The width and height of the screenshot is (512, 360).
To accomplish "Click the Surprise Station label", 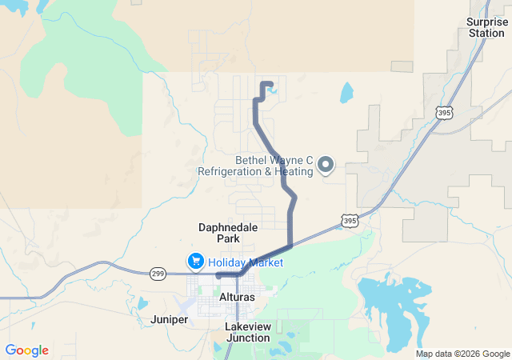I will [487, 27].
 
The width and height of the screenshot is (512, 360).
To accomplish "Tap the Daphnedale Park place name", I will [228, 233].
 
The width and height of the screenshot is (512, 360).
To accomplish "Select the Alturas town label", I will [237, 297].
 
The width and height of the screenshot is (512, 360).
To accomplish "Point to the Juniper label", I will [169, 319].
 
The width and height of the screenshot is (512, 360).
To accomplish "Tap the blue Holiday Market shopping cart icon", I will [195, 262].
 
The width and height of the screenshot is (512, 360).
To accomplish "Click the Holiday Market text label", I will [246, 262].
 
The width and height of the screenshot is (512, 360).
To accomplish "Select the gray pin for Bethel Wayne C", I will [326, 165].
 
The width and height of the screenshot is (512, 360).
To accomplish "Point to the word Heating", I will [293, 171].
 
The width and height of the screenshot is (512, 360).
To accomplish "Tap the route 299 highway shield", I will [158, 273].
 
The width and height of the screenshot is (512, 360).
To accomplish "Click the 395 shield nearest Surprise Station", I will [445, 114].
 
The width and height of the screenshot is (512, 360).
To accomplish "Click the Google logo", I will [26, 350].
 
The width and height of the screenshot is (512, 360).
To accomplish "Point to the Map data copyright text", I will [462, 354].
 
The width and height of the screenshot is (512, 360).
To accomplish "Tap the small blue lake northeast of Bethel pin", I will [346, 93].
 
